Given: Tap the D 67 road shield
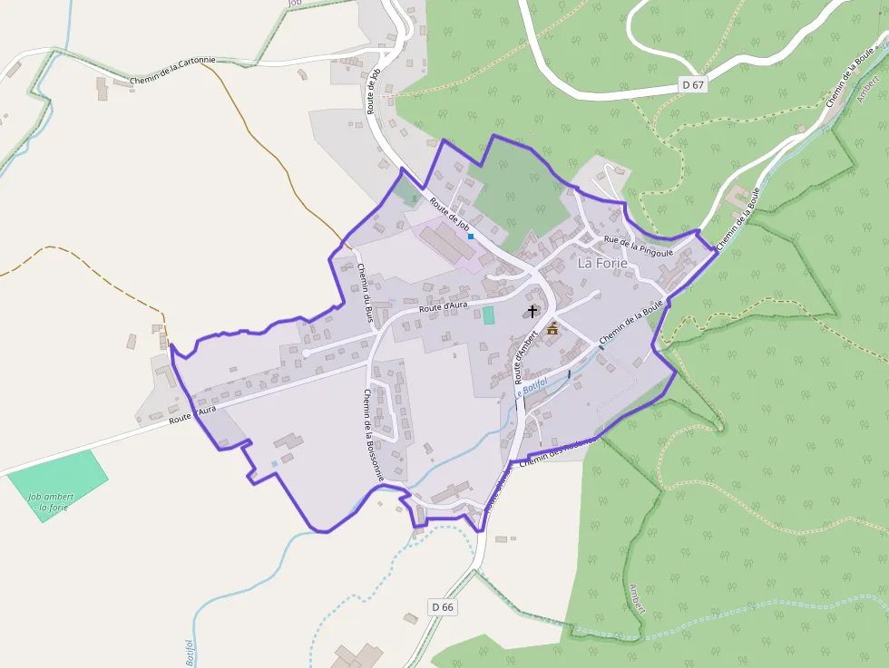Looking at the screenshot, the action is tap(692, 85).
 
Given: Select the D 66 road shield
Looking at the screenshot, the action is tap(442, 606).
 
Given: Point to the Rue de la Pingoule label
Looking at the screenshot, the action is tap(639, 246).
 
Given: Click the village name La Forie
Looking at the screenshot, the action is tap(602, 264).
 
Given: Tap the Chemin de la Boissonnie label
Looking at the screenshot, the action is tap(374, 435).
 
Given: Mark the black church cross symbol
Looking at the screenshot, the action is tap(532, 311).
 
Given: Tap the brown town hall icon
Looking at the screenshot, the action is tap(552, 328).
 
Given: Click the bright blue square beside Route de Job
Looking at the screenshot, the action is tap(471, 236).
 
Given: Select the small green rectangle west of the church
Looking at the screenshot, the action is tap(489, 315).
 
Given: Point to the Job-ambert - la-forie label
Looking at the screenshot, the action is tap(51, 501).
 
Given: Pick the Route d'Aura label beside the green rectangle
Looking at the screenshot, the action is tap(444, 307).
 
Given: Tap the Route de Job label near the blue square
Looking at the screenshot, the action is tap(449, 214).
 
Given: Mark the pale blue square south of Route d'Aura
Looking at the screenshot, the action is tap(274, 464).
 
